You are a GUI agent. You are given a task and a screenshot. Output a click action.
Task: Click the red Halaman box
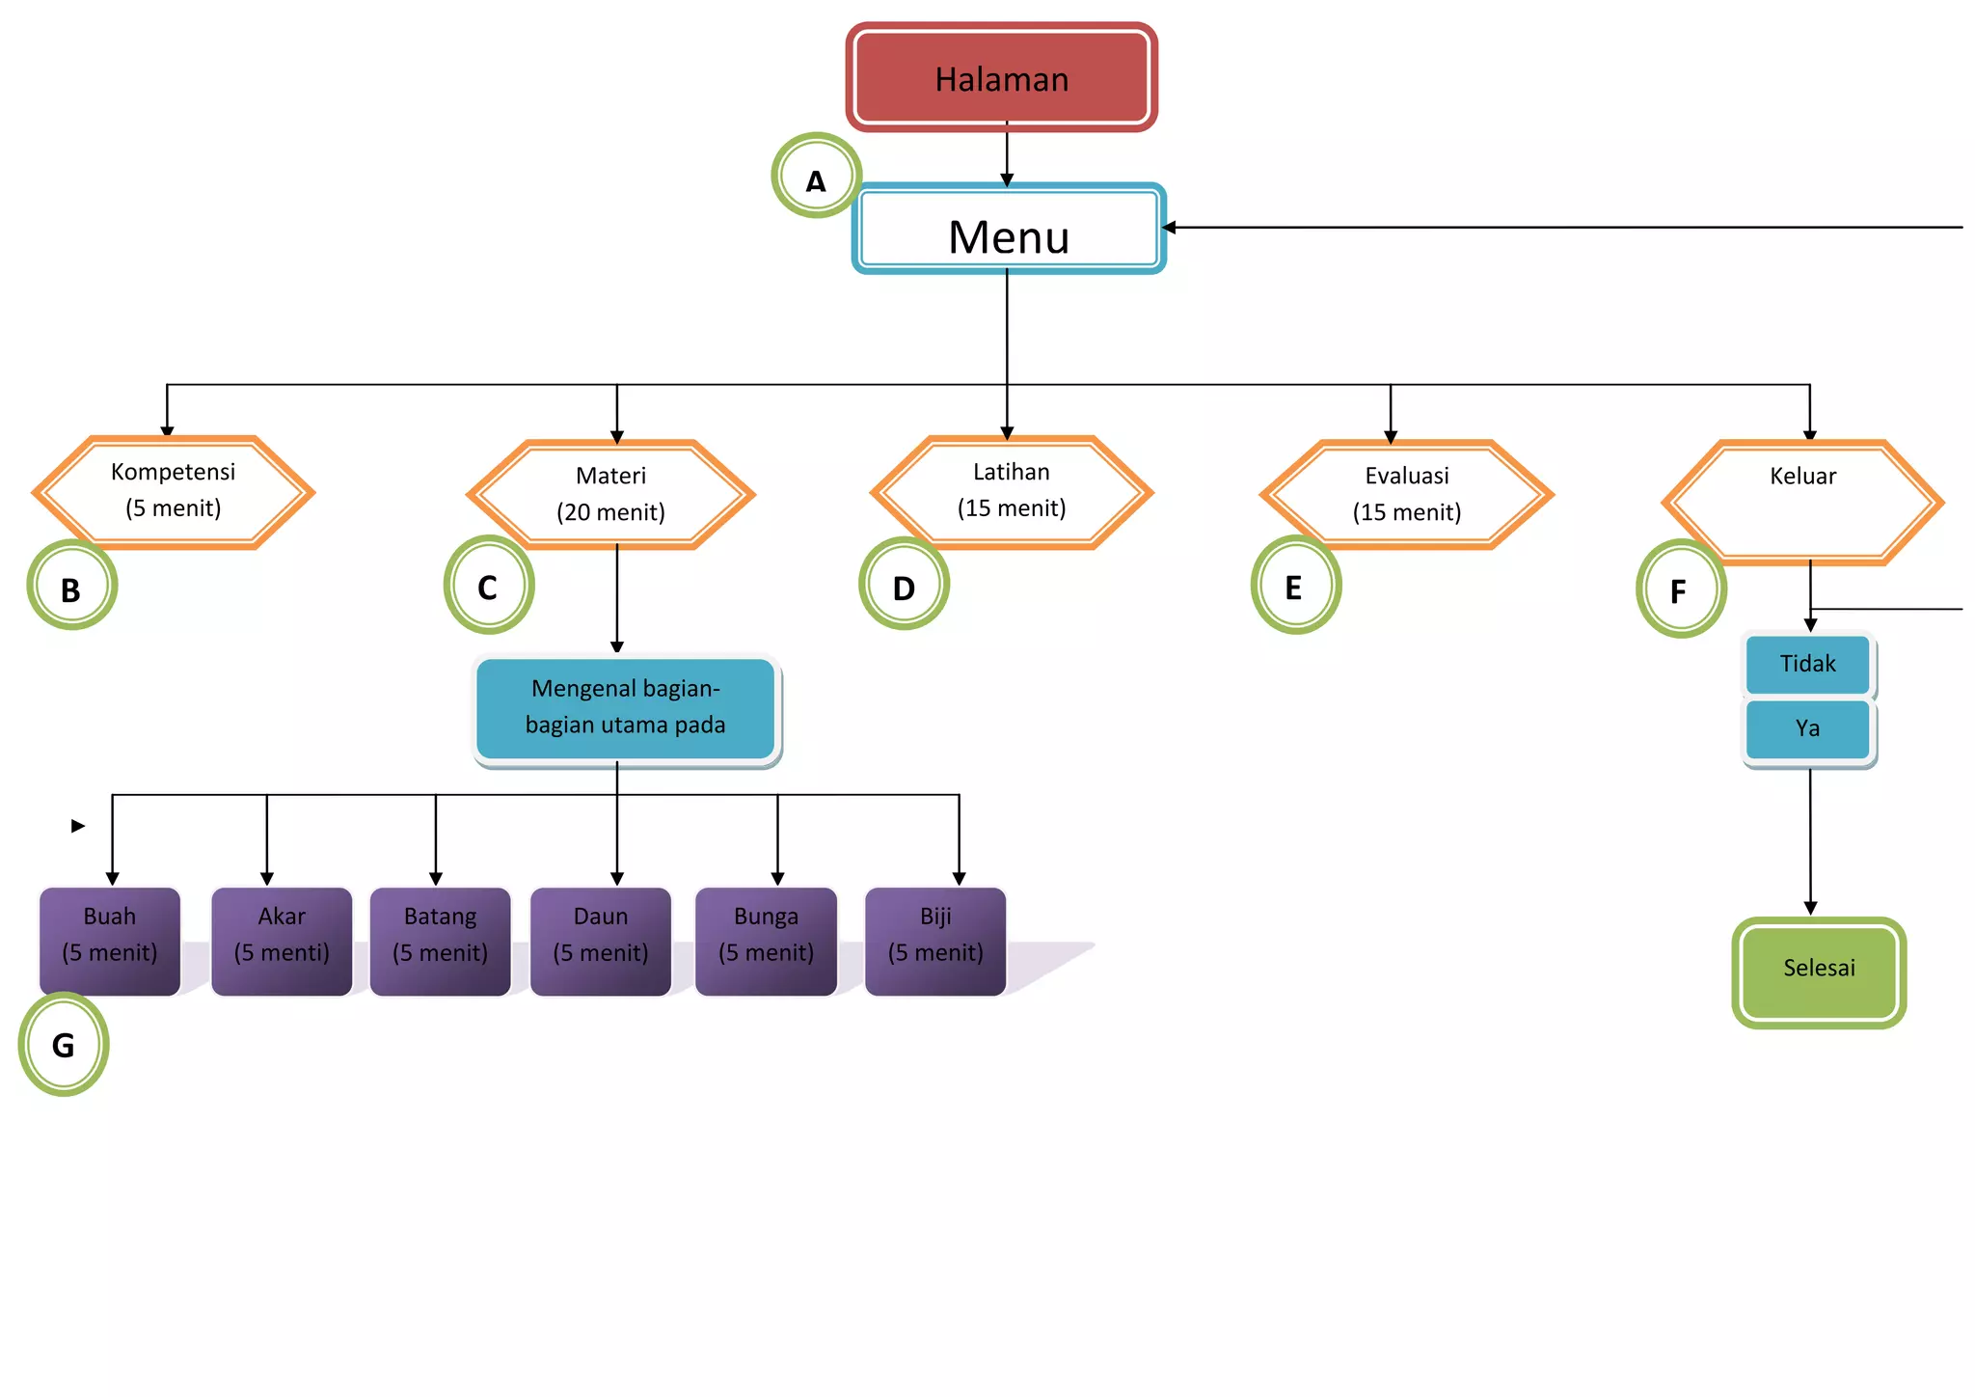(1001, 78)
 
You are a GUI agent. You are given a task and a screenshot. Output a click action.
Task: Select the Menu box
(1009, 229)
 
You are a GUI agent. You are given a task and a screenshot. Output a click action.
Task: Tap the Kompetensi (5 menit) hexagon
(174, 492)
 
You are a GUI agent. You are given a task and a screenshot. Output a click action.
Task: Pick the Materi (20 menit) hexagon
(611, 495)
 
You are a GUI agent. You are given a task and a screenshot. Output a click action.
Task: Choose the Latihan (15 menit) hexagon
(1012, 492)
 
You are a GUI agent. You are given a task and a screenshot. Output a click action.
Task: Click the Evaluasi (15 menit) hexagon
(1406, 495)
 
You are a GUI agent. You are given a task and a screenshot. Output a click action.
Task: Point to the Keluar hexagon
(1802, 502)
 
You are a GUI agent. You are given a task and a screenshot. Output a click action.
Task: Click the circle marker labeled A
(816, 177)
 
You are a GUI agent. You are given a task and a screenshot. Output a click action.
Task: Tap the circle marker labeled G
(64, 1044)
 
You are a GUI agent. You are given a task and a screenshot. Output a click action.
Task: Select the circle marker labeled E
(1295, 586)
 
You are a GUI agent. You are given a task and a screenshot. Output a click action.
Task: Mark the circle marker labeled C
(489, 586)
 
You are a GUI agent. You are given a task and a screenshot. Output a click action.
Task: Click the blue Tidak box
(1807, 664)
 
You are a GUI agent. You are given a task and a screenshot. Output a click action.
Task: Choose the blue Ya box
(1807, 728)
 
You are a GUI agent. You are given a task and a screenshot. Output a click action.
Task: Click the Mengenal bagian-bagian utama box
(626, 708)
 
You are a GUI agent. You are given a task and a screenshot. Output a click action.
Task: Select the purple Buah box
(110, 941)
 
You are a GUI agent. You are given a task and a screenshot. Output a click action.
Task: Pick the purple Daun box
(601, 941)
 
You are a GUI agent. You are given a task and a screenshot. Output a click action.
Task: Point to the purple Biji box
(935, 941)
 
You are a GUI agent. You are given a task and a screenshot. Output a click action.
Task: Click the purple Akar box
(282, 941)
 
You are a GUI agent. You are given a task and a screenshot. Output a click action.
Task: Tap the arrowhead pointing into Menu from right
(1169, 228)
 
